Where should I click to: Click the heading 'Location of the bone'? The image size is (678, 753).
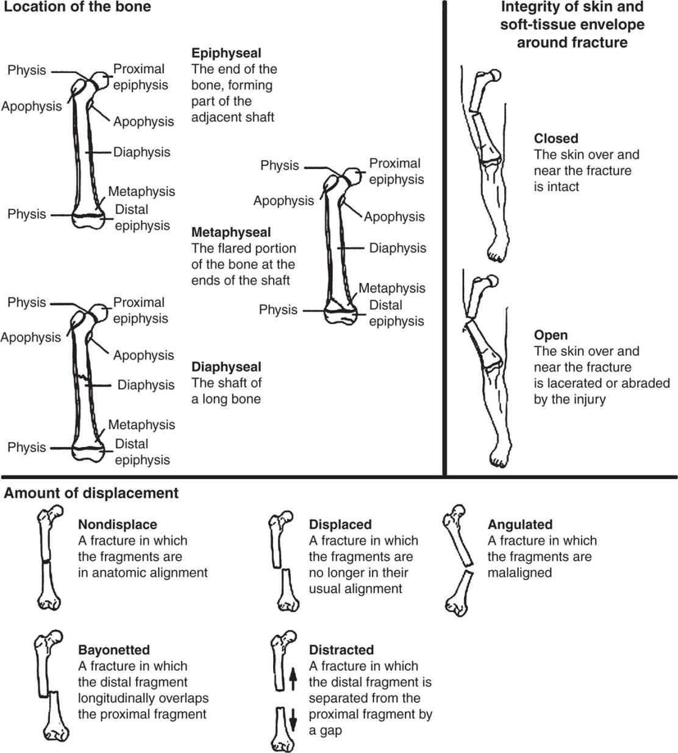77,7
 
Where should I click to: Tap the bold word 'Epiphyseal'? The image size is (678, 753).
226,53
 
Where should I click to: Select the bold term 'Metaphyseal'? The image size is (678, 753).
231,232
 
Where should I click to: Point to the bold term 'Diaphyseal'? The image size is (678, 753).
226,367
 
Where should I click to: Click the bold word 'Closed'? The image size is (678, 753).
556,138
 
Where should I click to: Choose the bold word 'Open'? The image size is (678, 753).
551,335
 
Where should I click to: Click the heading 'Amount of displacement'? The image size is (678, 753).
91,493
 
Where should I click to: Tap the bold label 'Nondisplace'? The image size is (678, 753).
118,524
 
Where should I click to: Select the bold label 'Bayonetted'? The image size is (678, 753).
114,650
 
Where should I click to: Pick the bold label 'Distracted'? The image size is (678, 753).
341,650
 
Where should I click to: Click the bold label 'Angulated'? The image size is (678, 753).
520,524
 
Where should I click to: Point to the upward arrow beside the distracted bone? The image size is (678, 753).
293,677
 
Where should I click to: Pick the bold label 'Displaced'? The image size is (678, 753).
340,524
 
